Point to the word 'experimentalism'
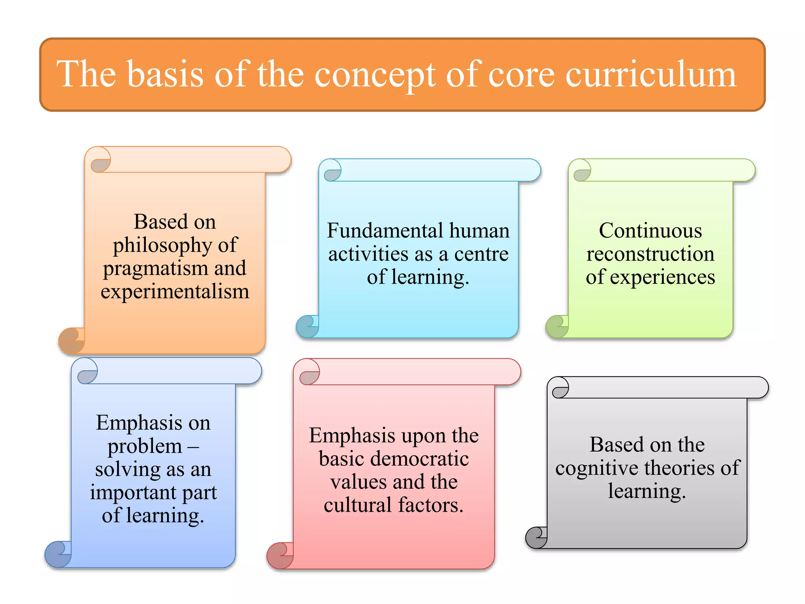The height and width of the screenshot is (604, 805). tap(175, 292)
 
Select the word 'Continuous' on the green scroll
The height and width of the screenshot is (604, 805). tap(650, 230)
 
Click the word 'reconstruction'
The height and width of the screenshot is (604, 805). tap(650, 254)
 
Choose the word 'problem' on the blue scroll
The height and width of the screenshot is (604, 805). tap(145, 447)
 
